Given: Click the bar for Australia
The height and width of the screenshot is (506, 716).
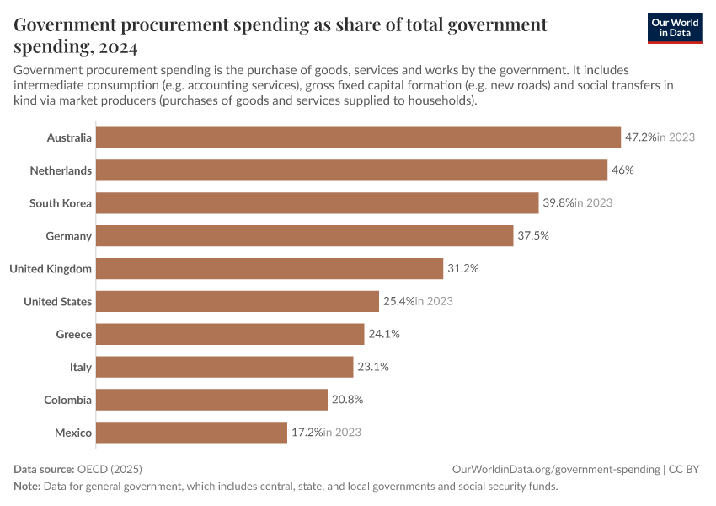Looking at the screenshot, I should [x=358, y=137].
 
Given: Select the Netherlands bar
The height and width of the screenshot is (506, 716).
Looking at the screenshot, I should [x=351, y=170].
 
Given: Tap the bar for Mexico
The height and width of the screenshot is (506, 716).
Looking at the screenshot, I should [x=191, y=433].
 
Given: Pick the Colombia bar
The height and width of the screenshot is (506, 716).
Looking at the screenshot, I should [x=211, y=400].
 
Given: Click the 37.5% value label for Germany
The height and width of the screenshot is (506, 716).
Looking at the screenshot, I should [x=532, y=236].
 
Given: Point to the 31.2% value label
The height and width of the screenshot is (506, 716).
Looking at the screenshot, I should [x=462, y=269].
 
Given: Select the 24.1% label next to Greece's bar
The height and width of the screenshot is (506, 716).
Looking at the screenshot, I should [x=383, y=335].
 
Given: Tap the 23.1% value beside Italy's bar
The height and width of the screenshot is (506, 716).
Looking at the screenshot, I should [x=372, y=368].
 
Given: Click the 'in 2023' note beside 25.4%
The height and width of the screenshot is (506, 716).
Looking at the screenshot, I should [x=434, y=302].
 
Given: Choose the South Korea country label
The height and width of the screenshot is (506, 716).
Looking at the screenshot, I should [x=60, y=203].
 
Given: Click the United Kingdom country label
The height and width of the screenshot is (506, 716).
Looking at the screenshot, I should [x=51, y=269].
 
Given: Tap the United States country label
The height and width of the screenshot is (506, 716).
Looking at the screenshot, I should [x=57, y=302].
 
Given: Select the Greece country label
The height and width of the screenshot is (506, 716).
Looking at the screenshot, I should [x=73, y=335].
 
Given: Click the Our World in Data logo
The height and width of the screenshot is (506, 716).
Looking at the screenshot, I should [x=674, y=28].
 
